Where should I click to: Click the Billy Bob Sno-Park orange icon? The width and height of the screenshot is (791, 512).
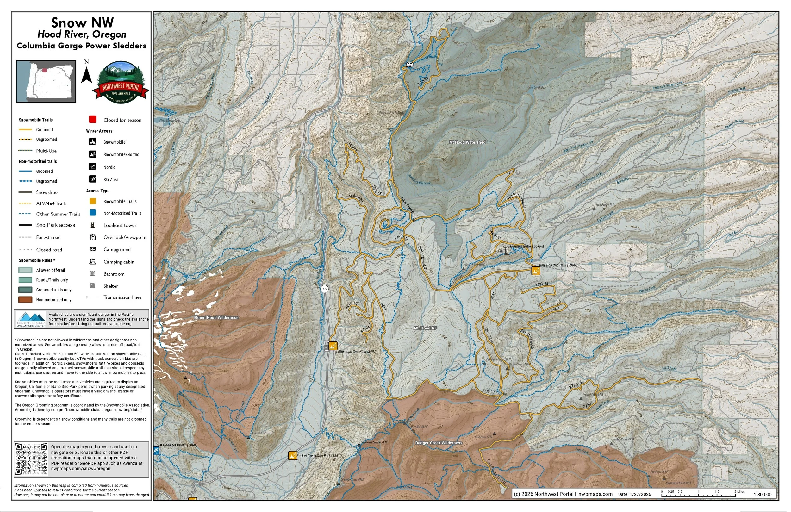point(535,271)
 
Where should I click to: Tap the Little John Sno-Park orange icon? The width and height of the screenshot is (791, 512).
point(333,346)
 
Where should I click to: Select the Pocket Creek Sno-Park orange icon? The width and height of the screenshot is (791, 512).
point(292,455)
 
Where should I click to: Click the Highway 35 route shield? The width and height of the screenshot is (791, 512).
point(324,289)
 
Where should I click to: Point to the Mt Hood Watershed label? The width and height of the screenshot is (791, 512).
point(467,142)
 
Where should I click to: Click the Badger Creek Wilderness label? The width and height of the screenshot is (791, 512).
point(439,443)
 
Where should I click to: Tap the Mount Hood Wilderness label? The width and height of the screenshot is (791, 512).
point(216,317)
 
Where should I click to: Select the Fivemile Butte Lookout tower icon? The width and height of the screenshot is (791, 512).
point(506,252)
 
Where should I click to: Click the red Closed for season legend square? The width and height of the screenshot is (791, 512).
point(93,119)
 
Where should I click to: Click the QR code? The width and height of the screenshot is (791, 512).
point(32,459)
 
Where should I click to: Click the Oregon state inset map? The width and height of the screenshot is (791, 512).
point(46,81)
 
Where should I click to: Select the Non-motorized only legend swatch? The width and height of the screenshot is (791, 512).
point(25,300)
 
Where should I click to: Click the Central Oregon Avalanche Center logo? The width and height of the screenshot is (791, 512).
point(31,319)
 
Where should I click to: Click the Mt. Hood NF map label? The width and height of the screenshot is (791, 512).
point(425,328)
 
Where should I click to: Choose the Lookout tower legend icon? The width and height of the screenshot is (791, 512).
point(93,225)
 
